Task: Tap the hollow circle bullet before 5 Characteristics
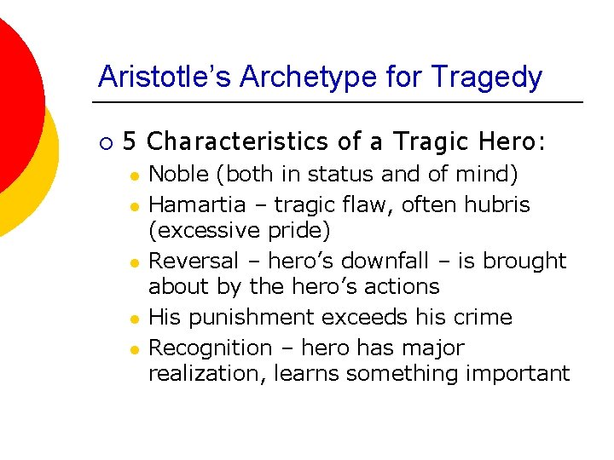click(x=103, y=140)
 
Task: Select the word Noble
click(x=179, y=175)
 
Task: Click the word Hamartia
click(x=192, y=205)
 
